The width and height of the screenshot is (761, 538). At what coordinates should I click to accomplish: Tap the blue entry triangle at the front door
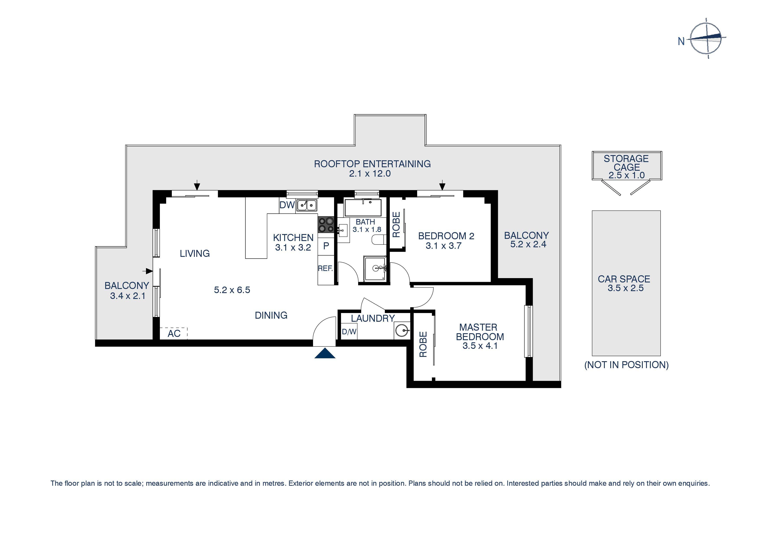click(325, 354)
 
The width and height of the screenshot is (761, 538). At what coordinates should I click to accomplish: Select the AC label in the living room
click(174, 333)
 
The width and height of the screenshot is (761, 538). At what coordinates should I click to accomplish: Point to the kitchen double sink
click(307, 205)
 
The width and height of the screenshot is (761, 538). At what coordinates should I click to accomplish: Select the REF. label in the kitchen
click(325, 269)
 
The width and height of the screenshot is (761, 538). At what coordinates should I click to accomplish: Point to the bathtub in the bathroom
click(363, 208)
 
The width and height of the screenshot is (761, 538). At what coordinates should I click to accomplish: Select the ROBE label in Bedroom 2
click(396, 225)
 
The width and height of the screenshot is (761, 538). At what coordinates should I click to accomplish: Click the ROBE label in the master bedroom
click(423, 344)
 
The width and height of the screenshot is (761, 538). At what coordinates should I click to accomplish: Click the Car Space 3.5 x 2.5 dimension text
click(625, 288)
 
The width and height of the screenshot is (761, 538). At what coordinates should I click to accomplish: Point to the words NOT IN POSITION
click(626, 365)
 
